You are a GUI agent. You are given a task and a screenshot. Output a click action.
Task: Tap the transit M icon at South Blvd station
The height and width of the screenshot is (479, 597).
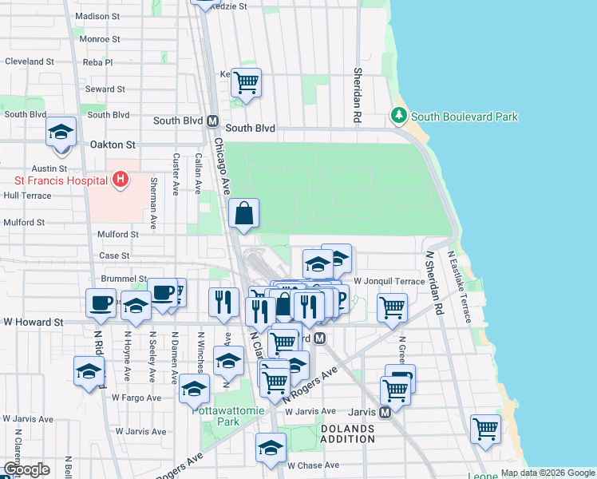(x=213, y=122)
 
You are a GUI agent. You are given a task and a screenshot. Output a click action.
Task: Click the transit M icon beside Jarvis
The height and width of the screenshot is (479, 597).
(x=385, y=413)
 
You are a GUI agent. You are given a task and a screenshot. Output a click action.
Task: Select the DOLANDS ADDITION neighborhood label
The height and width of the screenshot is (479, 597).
(x=347, y=434)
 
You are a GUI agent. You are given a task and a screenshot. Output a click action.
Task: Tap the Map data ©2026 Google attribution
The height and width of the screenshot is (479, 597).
(x=547, y=473)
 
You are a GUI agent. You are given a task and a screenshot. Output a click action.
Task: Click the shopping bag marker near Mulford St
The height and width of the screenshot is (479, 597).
(x=244, y=214)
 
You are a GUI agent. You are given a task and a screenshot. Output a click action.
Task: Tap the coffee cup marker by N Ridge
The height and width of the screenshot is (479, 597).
(x=101, y=303)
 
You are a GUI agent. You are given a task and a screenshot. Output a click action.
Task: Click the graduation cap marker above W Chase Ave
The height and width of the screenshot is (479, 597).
(x=271, y=447)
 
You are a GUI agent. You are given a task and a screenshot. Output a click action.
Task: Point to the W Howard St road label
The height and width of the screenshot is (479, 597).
(x=33, y=323)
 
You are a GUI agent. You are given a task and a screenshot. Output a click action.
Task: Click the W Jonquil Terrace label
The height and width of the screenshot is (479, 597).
(x=390, y=281)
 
